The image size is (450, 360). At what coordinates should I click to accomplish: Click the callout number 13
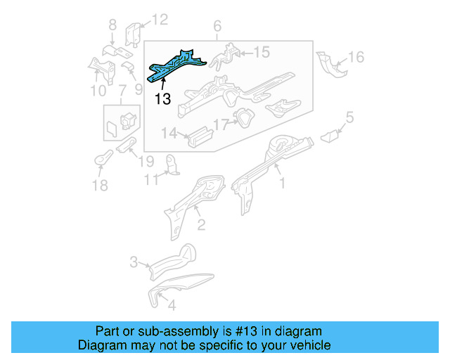pos(162,98)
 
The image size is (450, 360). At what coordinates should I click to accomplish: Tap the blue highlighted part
pos(176,64)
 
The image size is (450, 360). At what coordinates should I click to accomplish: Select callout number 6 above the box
pos(217,26)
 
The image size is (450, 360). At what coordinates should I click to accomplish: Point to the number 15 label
pos(261,52)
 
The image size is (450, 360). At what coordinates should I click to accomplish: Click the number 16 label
pos(356,57)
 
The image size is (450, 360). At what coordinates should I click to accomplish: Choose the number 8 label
pos(112,27)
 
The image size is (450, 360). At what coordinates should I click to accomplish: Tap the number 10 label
pos(98,91)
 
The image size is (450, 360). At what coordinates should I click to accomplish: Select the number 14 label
pos(169,133)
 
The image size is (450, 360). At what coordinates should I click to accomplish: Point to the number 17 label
pos(221,125)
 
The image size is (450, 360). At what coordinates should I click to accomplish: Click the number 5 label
pos(349,118)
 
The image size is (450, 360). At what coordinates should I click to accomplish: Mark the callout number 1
pos(283,184)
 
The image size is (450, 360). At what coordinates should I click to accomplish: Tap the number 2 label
pos(200,225)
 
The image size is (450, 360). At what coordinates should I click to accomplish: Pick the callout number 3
pos(134,263)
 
